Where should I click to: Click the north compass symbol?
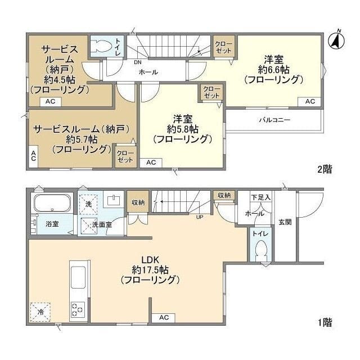[336, 40]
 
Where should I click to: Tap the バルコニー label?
[274, 120]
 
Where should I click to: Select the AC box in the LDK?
[164, 318]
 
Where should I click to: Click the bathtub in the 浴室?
[52, 203]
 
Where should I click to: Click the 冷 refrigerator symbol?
[40, 312]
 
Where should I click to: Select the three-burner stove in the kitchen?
[78, 309]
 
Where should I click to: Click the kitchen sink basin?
[78, 277]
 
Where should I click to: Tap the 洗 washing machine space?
[88, 204]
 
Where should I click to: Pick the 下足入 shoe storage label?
[261, 197]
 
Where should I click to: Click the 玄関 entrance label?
[285, 222]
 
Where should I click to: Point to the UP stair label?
[200, 217]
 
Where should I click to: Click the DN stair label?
[138, 62]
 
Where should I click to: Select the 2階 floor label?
[325, 170]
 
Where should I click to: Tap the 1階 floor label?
[325, 322]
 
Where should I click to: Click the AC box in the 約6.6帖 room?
[309, 101]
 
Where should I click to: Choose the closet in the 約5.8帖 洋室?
[211, 92]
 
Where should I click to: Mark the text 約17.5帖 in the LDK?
[150, 270]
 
